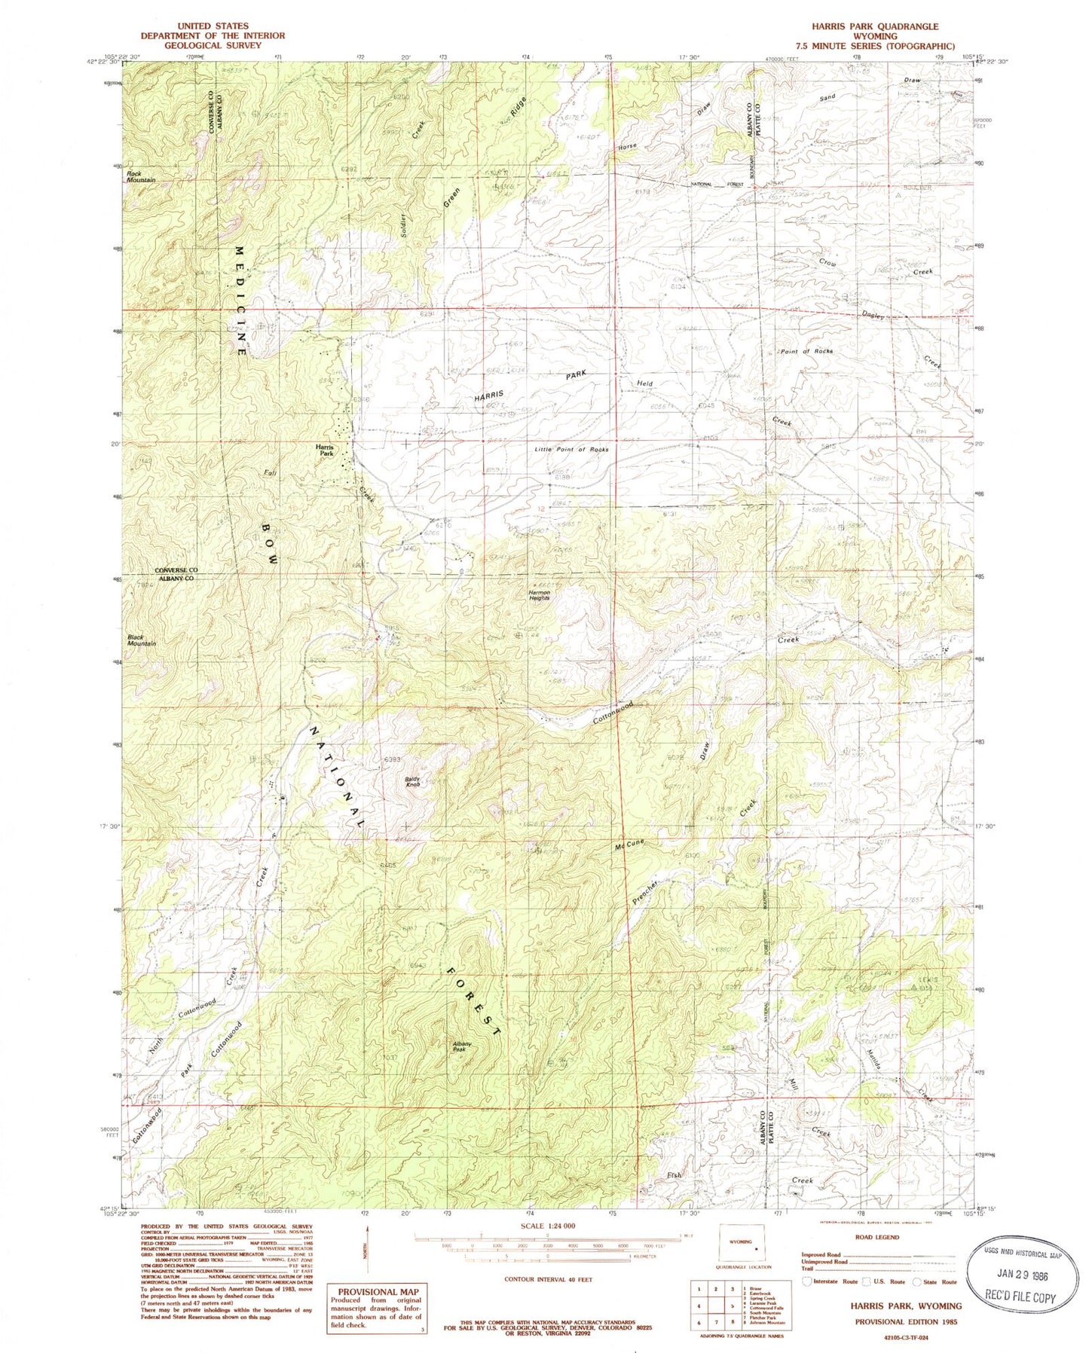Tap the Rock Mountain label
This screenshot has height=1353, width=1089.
(x=141, y=177)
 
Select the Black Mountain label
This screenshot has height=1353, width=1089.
(x=141, y=640)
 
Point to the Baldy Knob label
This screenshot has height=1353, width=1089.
(x=413, y=782)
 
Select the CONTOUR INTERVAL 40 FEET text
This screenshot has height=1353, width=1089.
(x=549, y=1279)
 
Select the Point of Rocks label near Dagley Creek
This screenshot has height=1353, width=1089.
(x=806, y=352)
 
